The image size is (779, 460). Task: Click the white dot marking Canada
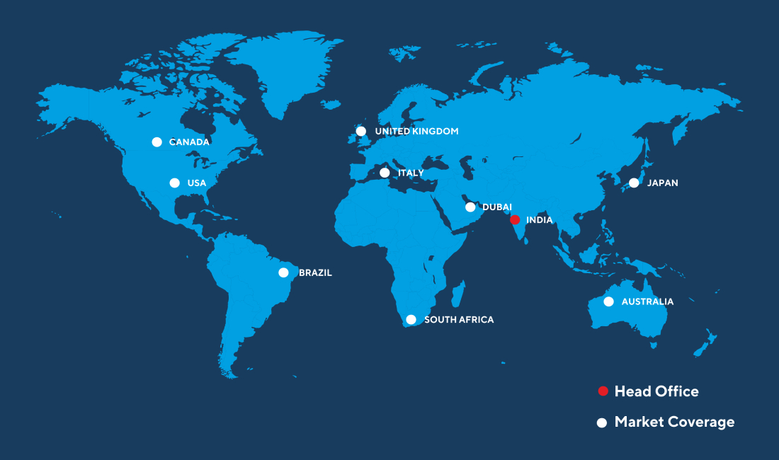click(157, 142)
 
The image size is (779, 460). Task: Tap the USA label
click(197, 183)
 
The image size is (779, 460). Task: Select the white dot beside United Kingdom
click(361, 131)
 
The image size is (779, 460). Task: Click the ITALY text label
click(411, 173)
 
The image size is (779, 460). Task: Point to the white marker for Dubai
click(470, 207)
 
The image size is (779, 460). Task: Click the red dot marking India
click(515, 219)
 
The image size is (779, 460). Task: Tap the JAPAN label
click(662, 183)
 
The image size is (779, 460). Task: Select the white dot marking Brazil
click(283, 272)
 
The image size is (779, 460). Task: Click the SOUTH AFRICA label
click(459, 320)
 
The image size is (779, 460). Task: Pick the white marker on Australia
click(608, 301)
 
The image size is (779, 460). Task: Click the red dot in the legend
click(603, 391)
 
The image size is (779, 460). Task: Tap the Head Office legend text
click(656, 391)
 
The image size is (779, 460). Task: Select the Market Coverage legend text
click(674, 422)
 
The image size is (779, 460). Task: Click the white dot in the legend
click(602, 422)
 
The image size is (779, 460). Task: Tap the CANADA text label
click(189, 142)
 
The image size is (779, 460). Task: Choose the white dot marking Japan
click(634, 183)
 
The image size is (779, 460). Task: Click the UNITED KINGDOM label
click(416, 132)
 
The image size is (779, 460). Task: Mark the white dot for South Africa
click(411, 320)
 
